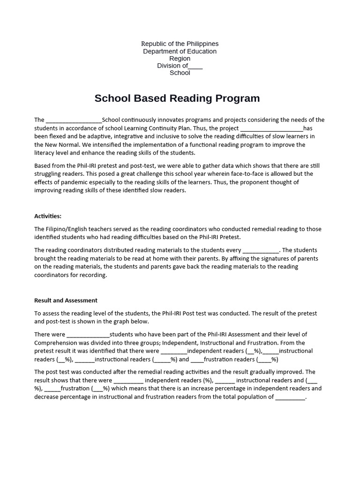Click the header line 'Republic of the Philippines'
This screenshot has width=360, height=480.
[x=180, y=44]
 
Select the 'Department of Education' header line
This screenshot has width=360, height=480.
[x=180, y=51]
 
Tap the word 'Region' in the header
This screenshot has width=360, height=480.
[x=180, y=59]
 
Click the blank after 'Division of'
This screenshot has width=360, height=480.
[x=195, y=66]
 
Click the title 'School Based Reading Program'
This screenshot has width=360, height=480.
[x=177, y=98]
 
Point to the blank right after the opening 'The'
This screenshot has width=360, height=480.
[x=74, y=120]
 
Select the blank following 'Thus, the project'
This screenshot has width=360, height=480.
[x=271, y=128]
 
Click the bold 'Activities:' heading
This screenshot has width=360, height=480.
[x=48, y=216]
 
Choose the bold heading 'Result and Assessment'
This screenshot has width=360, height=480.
[x=66, y=300]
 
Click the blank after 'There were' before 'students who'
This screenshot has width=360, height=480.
[x=88, y=335]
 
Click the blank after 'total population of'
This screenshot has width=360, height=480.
[x=290, y=397]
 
